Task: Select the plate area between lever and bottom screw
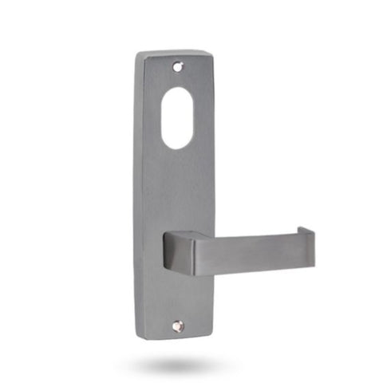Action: pos(177,299)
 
